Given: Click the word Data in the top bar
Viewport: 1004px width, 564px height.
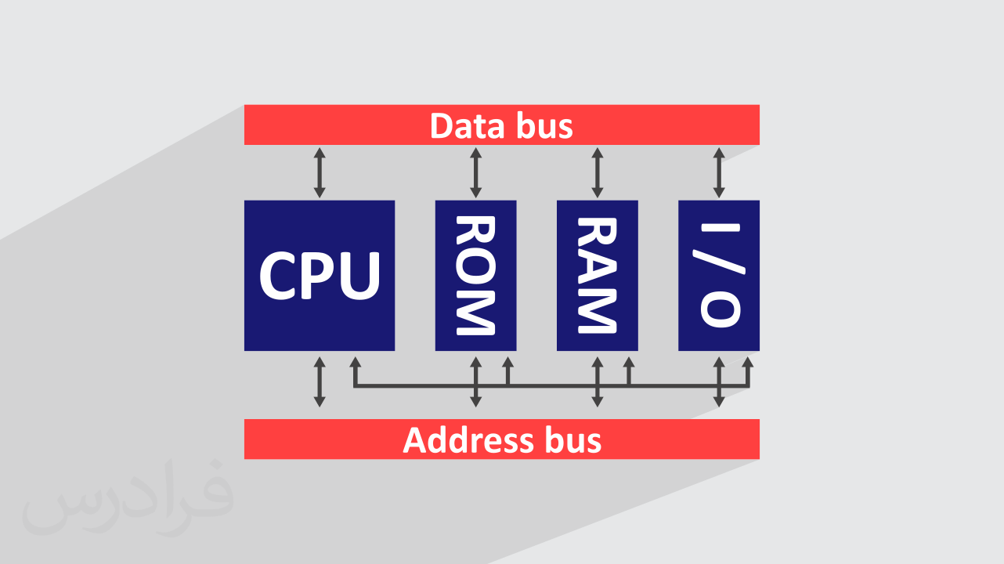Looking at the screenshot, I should (464, 125).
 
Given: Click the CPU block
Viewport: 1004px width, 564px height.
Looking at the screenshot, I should (320, 275).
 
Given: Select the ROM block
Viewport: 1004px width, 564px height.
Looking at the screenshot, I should (475, 275).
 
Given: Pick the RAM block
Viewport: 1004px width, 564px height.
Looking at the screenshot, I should (597, 275).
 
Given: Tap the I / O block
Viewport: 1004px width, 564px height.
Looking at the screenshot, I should (719, 275).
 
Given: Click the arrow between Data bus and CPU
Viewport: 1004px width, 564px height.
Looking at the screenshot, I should (319, 172).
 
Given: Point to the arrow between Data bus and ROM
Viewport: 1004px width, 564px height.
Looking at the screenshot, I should (475, 172).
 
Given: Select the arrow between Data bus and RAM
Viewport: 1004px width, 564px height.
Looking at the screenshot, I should (597, 172).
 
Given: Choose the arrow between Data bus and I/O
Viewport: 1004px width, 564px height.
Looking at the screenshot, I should (719, 172).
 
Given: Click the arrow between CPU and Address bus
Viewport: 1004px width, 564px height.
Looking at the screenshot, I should (319, 381).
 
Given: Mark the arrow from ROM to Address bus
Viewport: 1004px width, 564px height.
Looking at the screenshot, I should (475, 381).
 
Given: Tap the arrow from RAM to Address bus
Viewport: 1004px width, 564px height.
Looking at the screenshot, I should (597, 381).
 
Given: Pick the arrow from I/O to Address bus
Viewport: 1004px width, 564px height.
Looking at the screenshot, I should (719, 381).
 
